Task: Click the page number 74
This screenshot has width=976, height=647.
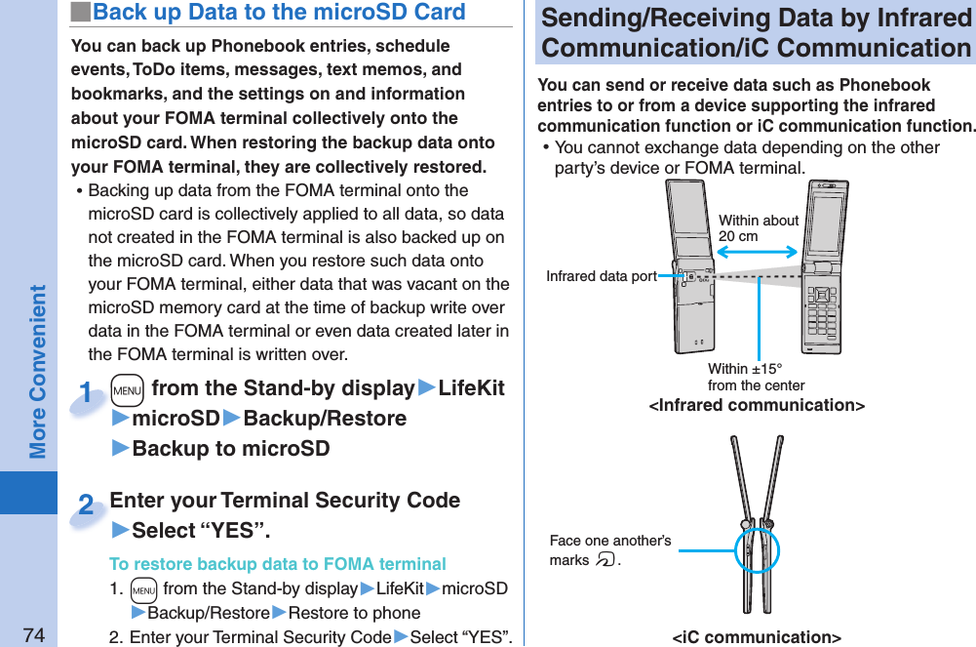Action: (x=34, y=635)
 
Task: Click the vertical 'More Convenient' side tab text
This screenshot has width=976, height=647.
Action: (x=37, y=372)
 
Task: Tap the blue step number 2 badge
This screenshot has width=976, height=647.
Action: (x=87, y=506)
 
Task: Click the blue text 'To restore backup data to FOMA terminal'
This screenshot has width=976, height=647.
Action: (x=278, y=564)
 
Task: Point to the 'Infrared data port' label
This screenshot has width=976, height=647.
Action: (x=601, y=276)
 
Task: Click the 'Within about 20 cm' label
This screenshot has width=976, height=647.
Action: (x=758, y=228)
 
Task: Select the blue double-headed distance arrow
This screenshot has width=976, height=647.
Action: (x=758, y=252)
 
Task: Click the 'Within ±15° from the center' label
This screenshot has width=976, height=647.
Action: (x=756, y=377)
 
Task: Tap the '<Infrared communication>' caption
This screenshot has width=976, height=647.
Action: (x=757, y=405)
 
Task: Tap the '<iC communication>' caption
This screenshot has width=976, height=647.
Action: (x=757, y=637)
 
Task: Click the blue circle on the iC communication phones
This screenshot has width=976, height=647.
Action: (x=757, y=550)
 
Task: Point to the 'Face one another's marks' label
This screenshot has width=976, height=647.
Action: (x=609, y=550)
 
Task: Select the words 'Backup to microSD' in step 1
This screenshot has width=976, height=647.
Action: (x=230, y=449)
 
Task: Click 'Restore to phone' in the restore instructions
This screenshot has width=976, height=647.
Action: (x=355, y=613)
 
